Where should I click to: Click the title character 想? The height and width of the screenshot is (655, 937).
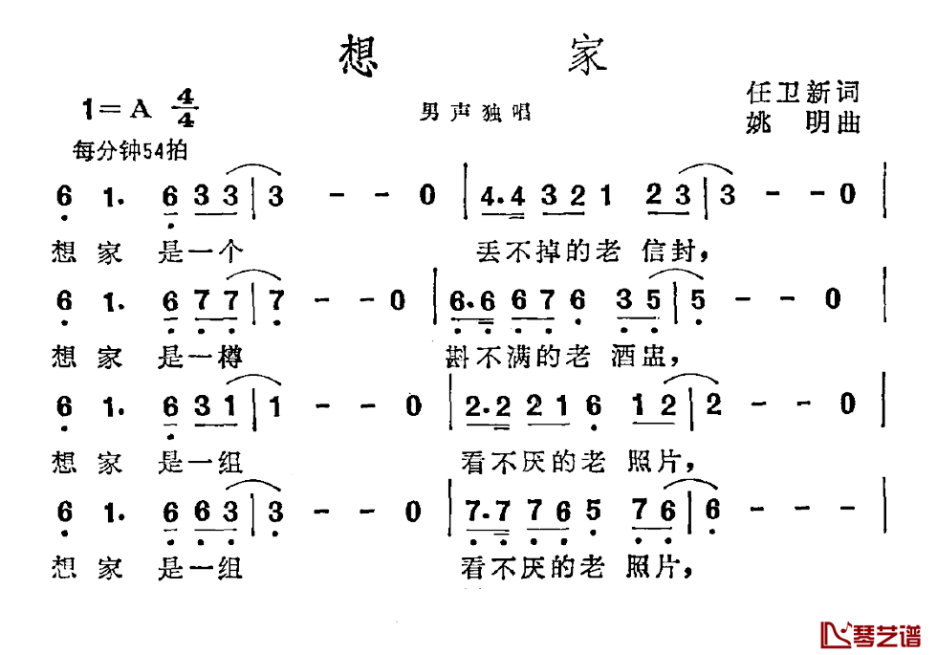click(359, 55)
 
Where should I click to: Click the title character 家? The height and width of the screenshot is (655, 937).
click(587, 55)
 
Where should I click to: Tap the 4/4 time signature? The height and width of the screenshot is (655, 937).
click(185, 108)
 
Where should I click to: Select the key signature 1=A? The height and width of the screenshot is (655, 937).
click(117, 109)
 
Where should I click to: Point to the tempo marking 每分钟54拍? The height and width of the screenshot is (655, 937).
click(130, 150)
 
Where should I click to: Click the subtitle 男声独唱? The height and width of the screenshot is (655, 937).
click(475, 112)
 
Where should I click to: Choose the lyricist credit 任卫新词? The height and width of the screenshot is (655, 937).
click(802, 93)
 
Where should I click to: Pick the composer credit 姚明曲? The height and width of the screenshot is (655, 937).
click(802, 122)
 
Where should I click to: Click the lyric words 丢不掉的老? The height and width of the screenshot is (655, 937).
click(549, 251)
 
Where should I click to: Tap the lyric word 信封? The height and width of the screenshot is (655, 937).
click(676, 251)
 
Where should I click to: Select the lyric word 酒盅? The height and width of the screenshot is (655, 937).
click(645, 357)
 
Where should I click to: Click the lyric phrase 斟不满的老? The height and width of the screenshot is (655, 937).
click(518, 357)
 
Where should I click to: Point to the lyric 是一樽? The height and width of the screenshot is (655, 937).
click(200, 358)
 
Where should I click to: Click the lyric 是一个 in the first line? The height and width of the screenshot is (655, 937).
click(200, 251)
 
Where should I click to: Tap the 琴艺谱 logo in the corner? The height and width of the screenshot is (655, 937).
click(870, 635)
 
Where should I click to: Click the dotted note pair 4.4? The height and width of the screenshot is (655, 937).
click(503, 196)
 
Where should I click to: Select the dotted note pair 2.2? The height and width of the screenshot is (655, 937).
click(489, 407)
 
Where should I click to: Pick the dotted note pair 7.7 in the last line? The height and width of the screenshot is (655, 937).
click(489, 513)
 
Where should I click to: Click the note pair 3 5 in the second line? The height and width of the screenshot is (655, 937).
click(639, 300)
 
